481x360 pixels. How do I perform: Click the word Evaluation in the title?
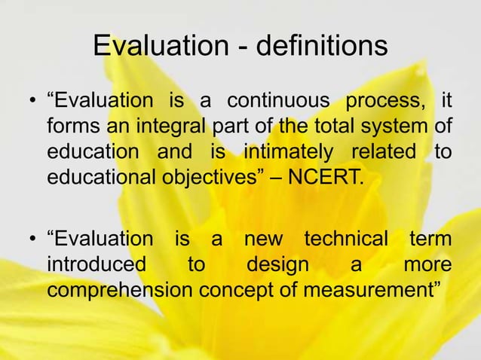click(155, 47)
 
